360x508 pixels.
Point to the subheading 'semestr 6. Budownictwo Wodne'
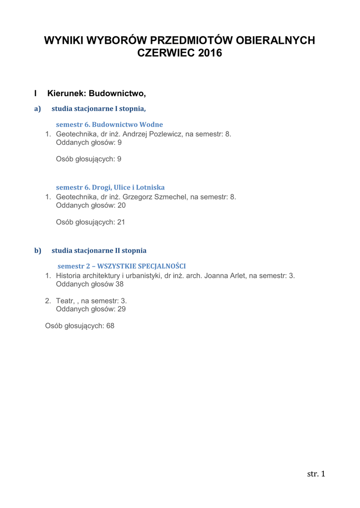coord(109,125)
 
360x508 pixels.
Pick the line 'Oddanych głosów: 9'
coord(89,142)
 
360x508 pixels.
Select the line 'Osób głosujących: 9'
coord(89,159)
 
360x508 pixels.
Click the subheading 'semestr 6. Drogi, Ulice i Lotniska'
coord(110,188)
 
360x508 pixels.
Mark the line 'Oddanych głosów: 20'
coord(91,205)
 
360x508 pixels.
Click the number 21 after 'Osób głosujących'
coord(121,222)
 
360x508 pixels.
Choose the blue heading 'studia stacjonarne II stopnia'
coord(99,251)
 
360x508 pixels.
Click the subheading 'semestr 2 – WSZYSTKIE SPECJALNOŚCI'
coord(122,266)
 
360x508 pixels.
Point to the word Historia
coord(69,276)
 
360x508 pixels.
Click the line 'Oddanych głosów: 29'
coord(91,309)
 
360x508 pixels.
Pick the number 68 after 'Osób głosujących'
coord(110,326)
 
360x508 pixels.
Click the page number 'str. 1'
coord(316,474)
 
